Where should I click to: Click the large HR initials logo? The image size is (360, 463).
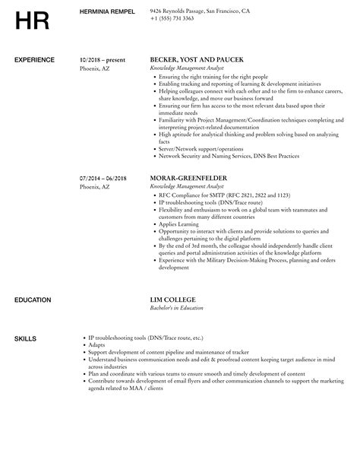coord(30,21)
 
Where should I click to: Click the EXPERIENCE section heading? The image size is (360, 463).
coord(34,59)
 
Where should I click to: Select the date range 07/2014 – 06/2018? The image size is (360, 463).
coord(103,179)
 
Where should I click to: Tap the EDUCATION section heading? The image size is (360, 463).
coord(33,300)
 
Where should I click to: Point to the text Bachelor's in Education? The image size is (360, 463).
coord(180,309)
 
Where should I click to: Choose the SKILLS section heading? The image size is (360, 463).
coord(25,338)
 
